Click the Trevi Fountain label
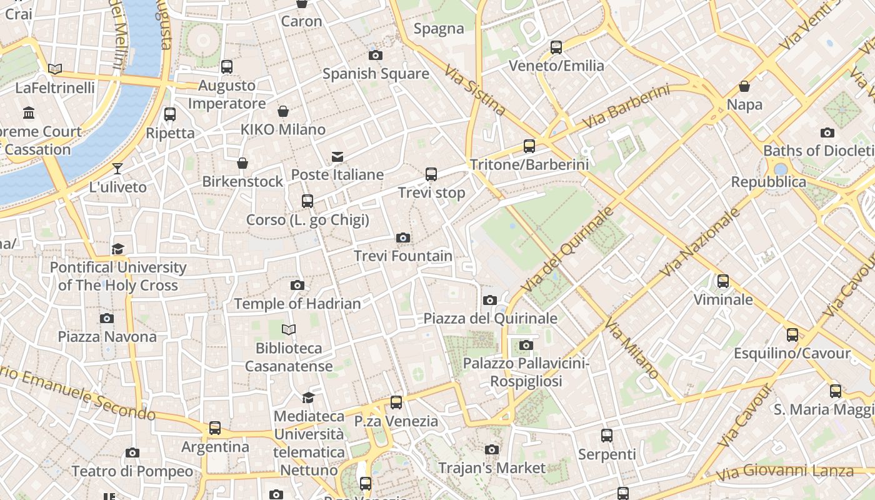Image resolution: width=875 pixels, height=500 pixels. tap(403, 256)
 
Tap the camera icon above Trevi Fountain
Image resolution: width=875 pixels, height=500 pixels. tap(403, 237)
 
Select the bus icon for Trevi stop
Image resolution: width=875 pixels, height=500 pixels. tap(431, 174)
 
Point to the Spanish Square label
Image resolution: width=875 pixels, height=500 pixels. tap(376, 74)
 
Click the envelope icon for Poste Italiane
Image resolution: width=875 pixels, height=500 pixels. tap(337, 156)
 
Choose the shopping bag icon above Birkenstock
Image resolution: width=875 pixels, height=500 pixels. tap(242, 163)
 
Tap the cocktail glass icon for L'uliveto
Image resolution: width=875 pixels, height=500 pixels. tap(117, 168)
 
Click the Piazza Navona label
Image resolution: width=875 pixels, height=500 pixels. tap(107, 337)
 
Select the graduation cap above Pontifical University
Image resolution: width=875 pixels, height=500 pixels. tap(118, 249)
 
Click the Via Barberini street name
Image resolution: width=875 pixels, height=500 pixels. tap(626, 107)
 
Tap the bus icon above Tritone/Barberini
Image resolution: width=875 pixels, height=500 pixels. tap(529, 146)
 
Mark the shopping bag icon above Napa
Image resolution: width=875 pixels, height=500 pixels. tap(744, 86)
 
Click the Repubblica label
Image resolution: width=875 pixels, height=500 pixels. tap(769, 182)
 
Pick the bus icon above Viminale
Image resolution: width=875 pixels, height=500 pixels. tap(723, 281)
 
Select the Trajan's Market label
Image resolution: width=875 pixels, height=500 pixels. tap(492, 467)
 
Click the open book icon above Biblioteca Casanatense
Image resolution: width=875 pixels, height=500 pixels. tap(289, 329)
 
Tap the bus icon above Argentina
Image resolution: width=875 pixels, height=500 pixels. tap(215, 428)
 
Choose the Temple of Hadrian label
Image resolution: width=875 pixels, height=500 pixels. tap(297, 304)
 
